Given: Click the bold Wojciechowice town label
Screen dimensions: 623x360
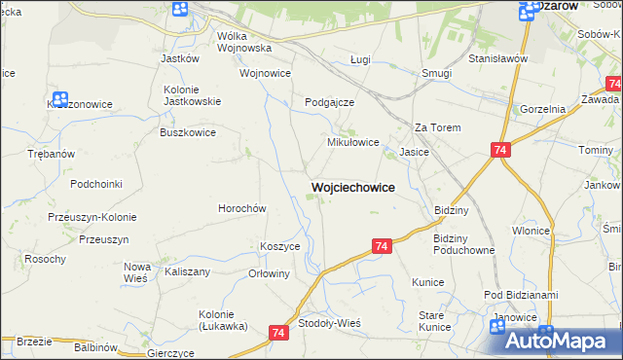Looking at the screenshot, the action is [352, 187].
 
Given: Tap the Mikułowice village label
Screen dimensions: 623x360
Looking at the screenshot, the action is [351, 142].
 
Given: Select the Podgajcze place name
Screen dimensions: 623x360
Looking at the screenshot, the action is [329, 102].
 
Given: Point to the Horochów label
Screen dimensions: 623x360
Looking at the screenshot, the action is [241, 208].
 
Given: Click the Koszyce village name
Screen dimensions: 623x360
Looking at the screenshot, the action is [279, 247].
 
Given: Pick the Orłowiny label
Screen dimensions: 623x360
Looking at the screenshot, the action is [270, 273].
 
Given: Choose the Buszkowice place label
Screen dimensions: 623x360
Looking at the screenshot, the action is [189, 131].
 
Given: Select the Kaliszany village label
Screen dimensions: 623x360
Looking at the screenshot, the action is [188, 272].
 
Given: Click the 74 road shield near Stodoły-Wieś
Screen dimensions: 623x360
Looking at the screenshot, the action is [280, 333].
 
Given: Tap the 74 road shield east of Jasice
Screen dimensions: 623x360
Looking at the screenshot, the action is [500, 150].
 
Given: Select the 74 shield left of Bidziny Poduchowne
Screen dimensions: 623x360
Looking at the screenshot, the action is [381, 247].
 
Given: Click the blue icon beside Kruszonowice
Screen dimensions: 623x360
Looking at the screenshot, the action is [59, 99].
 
